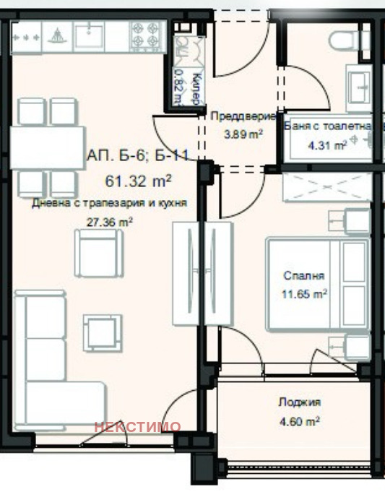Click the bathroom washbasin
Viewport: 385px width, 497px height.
(x=359, y=85)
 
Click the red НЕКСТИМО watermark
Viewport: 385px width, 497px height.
(x=138, y=426)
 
